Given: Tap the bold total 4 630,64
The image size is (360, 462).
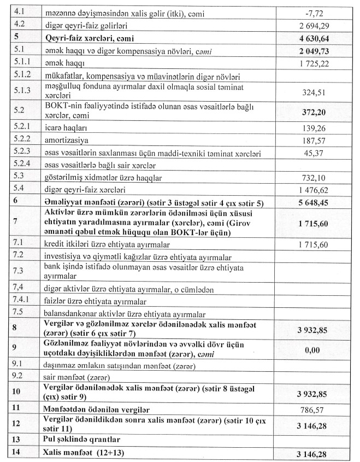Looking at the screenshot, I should click(x=309, y=39).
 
